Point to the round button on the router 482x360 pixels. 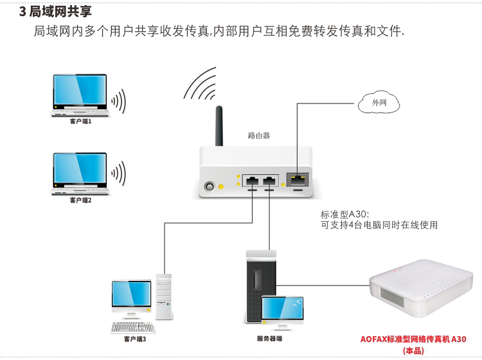click(x=210, y=187)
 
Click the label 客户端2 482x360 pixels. click(x=80, y=200)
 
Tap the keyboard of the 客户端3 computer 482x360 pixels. click(x=132, y=327)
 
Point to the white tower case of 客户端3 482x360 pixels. click(x=164, y=296)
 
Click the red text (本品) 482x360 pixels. click(x=413, y=350)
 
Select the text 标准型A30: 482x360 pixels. click(x=345, y=215)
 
